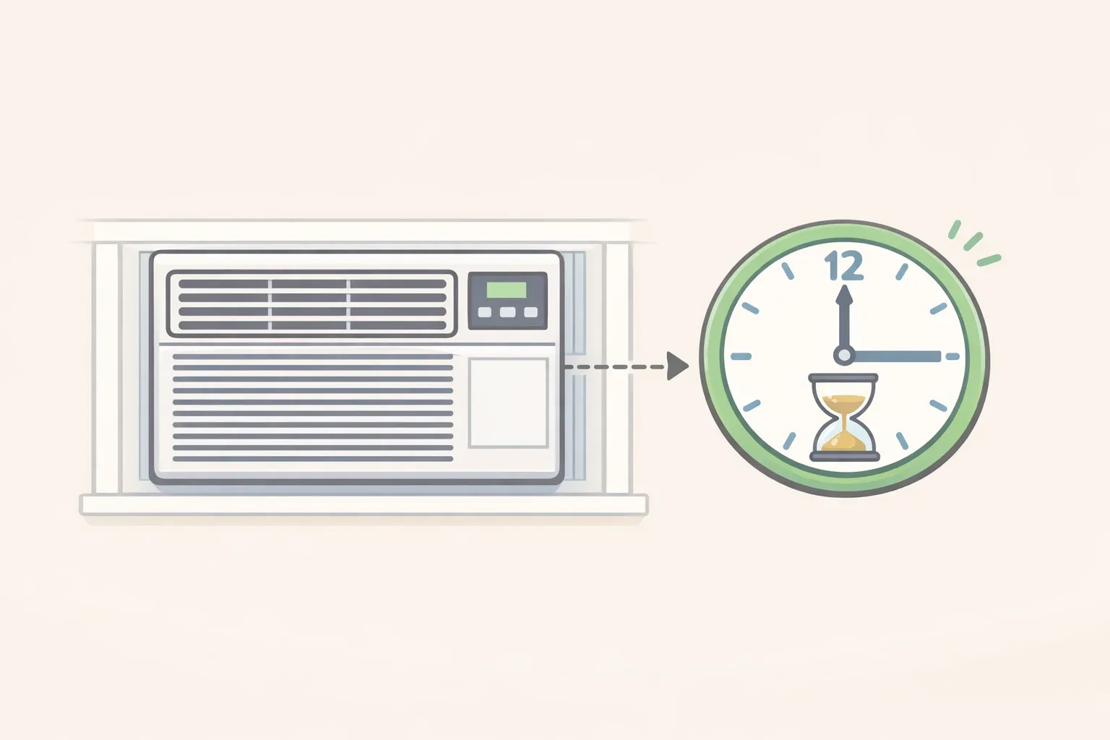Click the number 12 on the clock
click(x=844, y=267)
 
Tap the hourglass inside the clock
click(x=843, y=418)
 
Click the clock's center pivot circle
click(x=843, y=356)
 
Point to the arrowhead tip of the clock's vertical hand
click(x=844, y=286)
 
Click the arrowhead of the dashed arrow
click(x=677, y=366)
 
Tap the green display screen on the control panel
click(x=507, y=290)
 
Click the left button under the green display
click(x=484, y=311)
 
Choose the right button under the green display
click(x=530, y=311)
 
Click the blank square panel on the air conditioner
click(x=508, y=403)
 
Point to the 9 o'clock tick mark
click(x=741, y=356)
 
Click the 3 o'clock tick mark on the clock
click(x=952, y=356)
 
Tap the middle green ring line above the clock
click(x=973, y=242)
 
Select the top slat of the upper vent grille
click(x=312, y=284)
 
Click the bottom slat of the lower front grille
click(x=313, y=459)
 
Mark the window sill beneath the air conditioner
click(x=363, y=504)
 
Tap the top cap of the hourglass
click(x=843, y=378)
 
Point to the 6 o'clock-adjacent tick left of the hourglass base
click(x=789, y=441)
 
